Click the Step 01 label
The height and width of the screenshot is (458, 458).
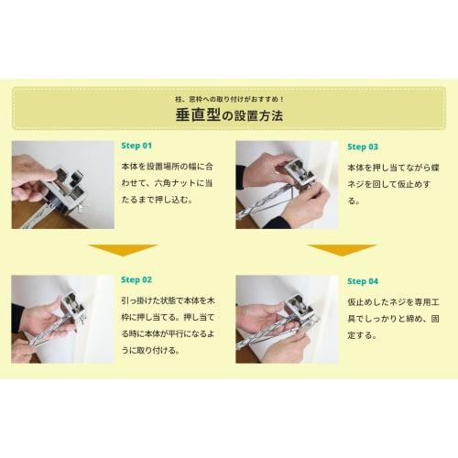click(136, 146)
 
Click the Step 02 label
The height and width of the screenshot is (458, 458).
click(136, 279)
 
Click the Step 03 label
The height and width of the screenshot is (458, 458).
click(363, 146)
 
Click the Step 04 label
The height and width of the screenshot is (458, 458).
click(363, 280)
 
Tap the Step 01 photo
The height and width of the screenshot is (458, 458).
click(62, 184)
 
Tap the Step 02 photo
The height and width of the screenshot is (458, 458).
click(62, 319)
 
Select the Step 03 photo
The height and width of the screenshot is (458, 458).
click(287, 184)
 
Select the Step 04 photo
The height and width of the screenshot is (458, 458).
click(287, 319)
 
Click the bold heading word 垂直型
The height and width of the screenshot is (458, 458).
click(196, 116)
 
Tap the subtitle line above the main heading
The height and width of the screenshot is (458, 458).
click(229, 97)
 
